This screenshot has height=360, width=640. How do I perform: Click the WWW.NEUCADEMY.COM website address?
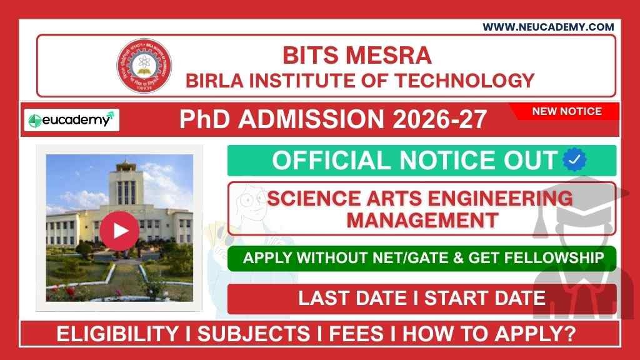(547, 27)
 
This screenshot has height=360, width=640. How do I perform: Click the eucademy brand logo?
(71, 120)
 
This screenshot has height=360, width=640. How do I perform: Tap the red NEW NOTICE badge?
(566, 112)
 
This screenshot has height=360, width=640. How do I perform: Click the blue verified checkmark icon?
(574, 161)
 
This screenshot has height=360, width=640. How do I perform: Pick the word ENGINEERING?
(501, 199)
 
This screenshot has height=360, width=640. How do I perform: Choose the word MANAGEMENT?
(422, 220)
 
